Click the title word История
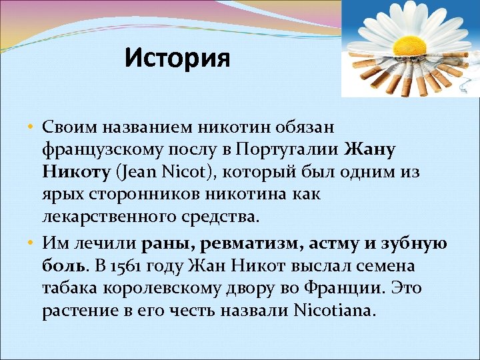[177, 58]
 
